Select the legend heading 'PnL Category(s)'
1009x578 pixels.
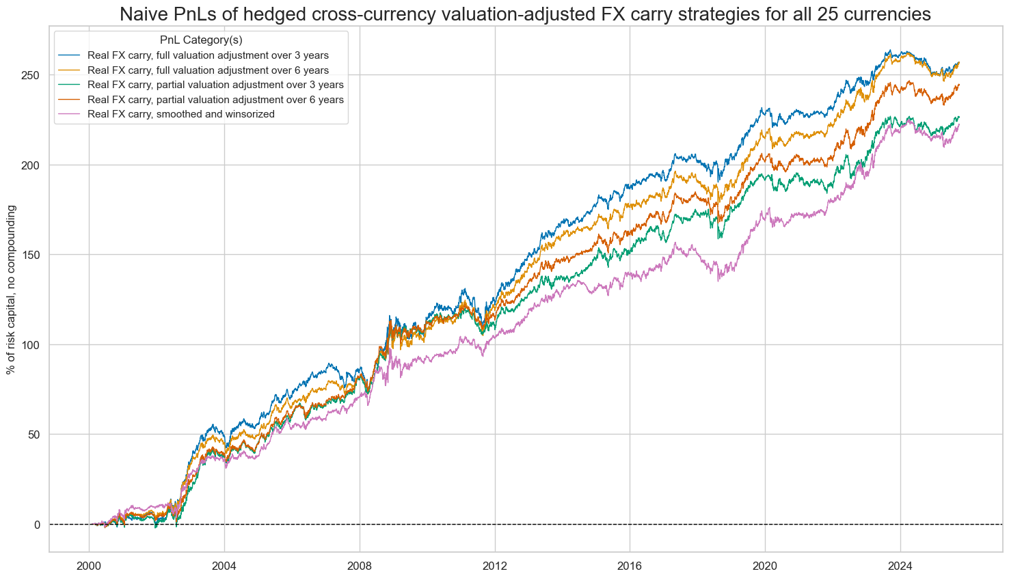click(x=201, y=40)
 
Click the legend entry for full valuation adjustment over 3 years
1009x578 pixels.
click(x=208, y=55)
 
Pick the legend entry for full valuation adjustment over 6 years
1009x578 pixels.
click(x=208, y=70)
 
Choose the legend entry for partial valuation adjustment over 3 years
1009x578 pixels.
click(x=215, y=85)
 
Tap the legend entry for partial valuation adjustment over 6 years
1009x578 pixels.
click(x=215, y=100)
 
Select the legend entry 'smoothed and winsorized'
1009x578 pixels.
click(x=181, y=114)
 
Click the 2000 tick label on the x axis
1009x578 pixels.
click(x=89, y=566)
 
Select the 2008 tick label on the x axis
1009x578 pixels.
click(x=360, y=566)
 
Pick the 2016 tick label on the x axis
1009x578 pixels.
click(x=630, y=566)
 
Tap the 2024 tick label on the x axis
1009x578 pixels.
click(x=900, y=566)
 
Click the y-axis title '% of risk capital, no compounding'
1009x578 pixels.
click(x=11, y=289)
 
